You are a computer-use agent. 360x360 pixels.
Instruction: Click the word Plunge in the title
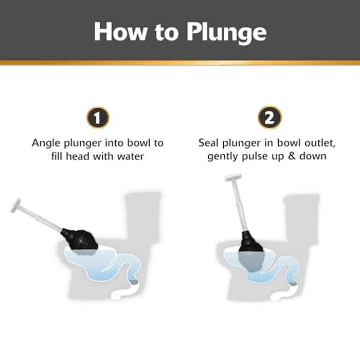coord(223,32)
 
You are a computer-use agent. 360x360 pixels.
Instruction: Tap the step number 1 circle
coord(98,117)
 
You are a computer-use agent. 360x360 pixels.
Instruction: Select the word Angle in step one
coord(46,142)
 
